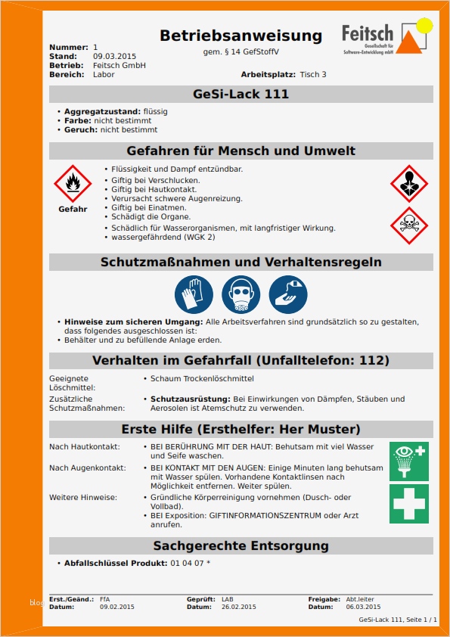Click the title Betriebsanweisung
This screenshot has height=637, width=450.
pyautogui.click(x=241, y=36)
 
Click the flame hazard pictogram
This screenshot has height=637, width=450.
pyautogui.click(x=73, y=183)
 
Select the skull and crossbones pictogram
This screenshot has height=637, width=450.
pyautogui.click(x=409, y=225)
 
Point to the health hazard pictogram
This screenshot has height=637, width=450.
pyautogui.click(x=409, y=183)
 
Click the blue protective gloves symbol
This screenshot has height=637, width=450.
pyautogui.click(x=194, y=294)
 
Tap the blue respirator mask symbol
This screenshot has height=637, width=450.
pyautogui.click(x=241, y=294)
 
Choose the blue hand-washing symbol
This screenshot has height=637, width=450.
pyautogui.click(x=287, y=294)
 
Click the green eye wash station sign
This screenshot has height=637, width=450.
pyautogui.click(x=408, y=461)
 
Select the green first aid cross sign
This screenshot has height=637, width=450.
pyautogui.click(x=408, y=504)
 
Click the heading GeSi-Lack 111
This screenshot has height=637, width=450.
pyautogui.click(x=241, y=95)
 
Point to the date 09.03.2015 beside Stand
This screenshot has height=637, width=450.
pyautogui.click(x=114, y=57)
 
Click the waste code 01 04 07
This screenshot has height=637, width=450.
pyautogui.click(x=190, y=564)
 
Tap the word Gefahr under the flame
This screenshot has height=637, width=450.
pyautogui.click(x=73, y=209)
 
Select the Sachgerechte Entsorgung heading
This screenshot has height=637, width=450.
pyautogui.click(x=241, y=545)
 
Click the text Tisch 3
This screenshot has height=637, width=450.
pyautogui.click(x=313, y=75)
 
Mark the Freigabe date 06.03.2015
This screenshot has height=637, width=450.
pyautogui.click(x=363, y=607)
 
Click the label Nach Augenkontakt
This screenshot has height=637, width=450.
pyautogui.click(x=88, y=468)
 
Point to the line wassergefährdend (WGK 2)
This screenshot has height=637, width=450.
pyautogui.click(x=163, y=237)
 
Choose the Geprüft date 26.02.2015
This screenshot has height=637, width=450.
pyautogui.click(x=238, y=607)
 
